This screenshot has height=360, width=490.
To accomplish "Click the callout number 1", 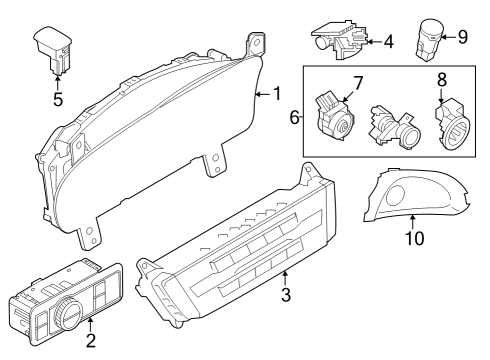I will pyautogui.click(x=276, y=94).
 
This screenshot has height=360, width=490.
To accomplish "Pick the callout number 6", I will pyautogui.click(x=295, y=117).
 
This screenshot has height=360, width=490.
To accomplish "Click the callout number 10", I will pyautogui.click(x=414, y=239).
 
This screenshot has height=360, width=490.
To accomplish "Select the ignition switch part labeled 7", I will pyautogui.click(x=334, y=119).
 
